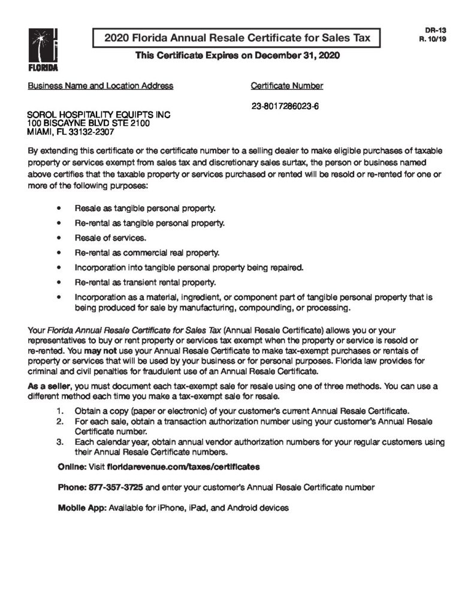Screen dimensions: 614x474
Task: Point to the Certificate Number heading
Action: point(287,86)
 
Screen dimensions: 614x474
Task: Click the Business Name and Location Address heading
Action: point(101,86)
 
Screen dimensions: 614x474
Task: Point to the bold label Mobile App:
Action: point(81,507)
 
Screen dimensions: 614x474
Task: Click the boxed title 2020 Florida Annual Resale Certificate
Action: point(237,38)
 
